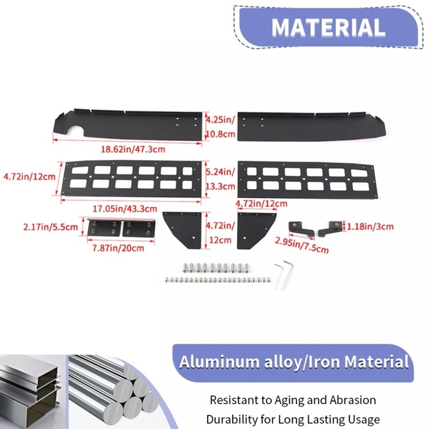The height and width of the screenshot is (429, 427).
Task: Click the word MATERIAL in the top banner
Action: [328, 27]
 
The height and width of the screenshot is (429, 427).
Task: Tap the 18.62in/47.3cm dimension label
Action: [133, 149]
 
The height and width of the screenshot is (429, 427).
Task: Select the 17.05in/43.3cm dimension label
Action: [125, 209]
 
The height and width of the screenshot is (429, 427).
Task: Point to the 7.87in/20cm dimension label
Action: [118, 248]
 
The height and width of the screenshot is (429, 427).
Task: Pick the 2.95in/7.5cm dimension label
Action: [302, 245]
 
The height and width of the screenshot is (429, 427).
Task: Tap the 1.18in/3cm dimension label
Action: [370, 226]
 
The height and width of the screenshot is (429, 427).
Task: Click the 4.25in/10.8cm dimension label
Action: [221, 127]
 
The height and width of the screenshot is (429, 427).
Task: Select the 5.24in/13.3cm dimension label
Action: [221, 179]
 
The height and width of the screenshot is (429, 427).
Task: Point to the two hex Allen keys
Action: [284, 275]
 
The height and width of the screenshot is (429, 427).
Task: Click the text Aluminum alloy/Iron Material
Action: [294, 362]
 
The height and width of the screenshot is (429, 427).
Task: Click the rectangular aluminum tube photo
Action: [33, 392]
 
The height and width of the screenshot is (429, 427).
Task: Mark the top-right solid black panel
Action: [311, 126]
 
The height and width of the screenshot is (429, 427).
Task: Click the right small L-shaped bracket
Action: [330, 228]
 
